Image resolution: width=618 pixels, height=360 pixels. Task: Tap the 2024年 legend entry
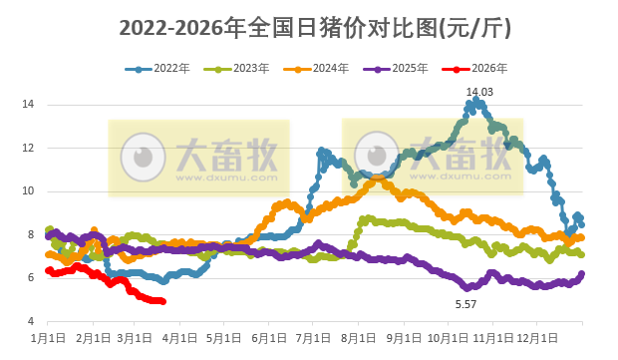coord(316,69)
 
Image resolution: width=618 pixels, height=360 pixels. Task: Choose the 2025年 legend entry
coord(396,69)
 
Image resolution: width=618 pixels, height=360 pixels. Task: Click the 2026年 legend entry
coord(475,69)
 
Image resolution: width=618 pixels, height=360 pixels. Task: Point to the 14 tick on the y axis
coord(29,105)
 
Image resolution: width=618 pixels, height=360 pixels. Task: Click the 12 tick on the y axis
coord(29,148)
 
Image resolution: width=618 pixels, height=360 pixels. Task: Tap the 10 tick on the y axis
coord(29,191)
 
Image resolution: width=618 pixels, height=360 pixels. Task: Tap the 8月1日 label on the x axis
coord(356,339)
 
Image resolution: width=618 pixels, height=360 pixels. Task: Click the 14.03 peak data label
coord(479,92)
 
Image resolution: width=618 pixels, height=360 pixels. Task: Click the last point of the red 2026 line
coord(163,301)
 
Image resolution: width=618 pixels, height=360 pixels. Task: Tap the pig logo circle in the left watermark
coord(144,157)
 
